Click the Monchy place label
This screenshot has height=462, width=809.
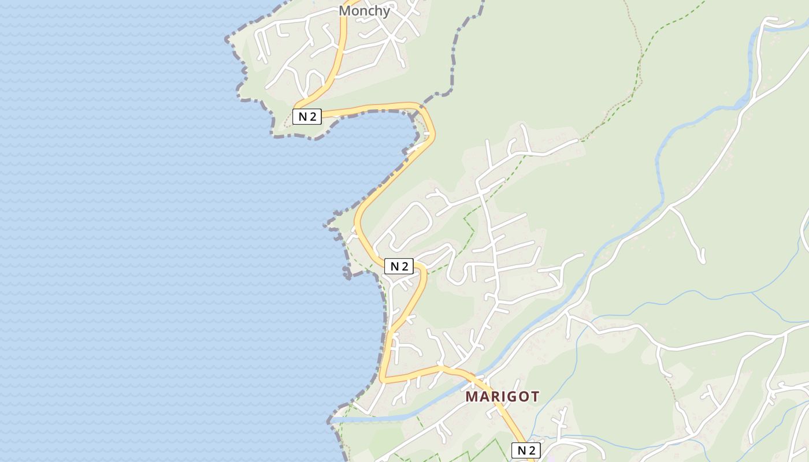[364, 10]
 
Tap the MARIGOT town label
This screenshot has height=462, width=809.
[502, 397]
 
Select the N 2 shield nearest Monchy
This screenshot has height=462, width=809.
[307, 116]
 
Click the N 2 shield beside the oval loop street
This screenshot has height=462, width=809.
[399, 266]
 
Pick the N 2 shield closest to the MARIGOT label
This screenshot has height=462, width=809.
[526, 450]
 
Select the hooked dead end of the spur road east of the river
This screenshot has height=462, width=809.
[703, 259]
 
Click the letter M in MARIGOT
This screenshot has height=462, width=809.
[472, 397]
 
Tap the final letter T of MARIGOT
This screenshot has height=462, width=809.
[535, 397]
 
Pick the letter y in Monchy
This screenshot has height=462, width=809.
[386, 12]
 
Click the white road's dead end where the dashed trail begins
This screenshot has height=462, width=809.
[578, 140]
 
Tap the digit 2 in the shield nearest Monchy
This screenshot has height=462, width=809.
[313, 116]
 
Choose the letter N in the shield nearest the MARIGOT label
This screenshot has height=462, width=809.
[521, 450]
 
